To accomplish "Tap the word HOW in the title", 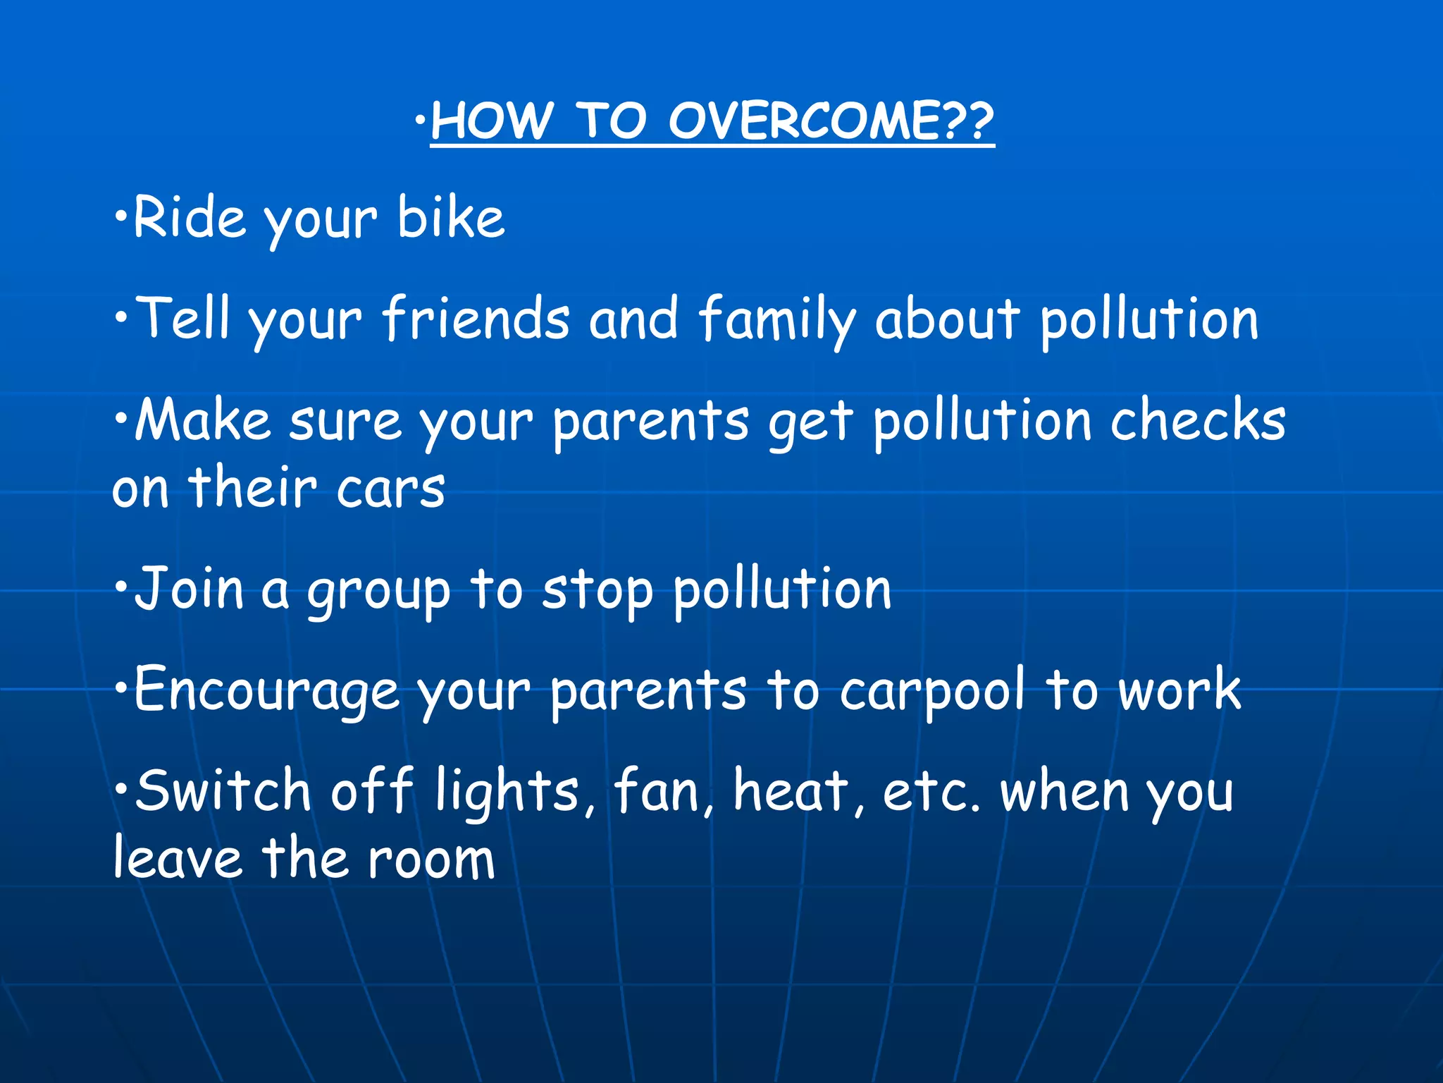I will tap(491, 121).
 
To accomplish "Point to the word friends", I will tap(476, 319).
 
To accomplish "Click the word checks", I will tap(1198, 420).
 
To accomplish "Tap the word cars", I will tap(390, 489).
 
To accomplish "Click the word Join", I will tap(189, 589).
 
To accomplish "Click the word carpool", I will tap(931, 692).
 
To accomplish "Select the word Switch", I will tap(223, 791).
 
